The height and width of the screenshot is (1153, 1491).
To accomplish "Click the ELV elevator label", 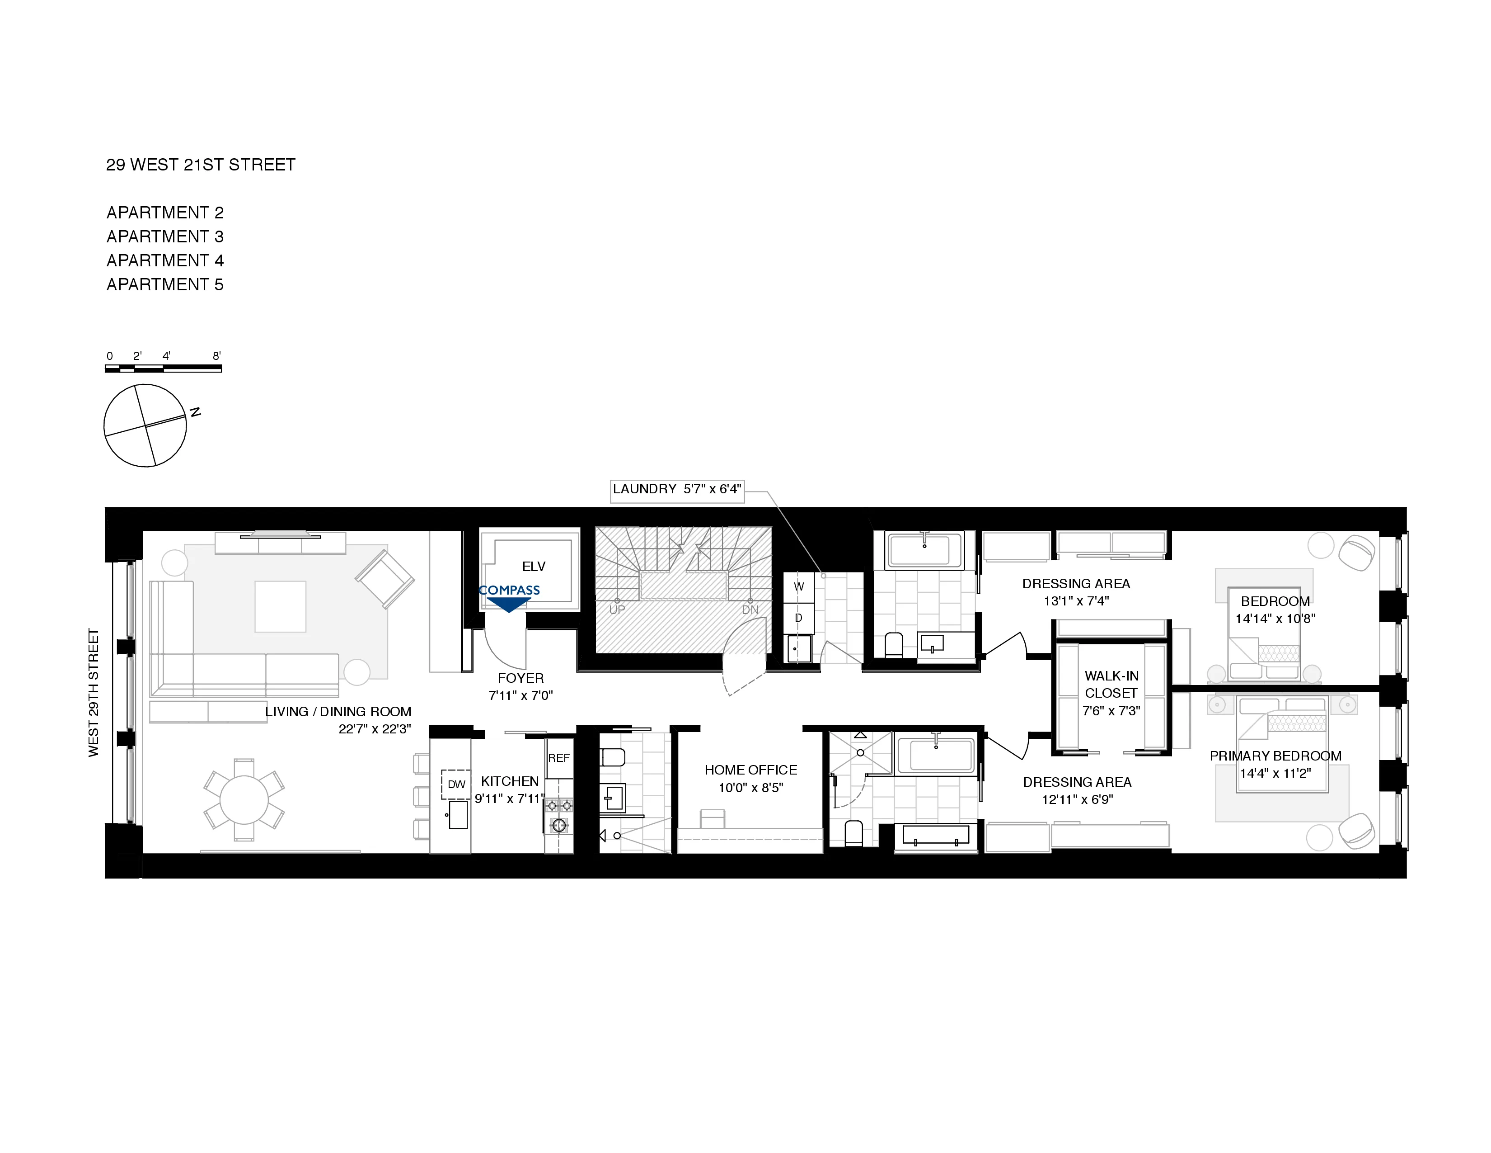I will [x=533, y=566].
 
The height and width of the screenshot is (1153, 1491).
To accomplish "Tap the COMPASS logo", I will [x=509, y=590].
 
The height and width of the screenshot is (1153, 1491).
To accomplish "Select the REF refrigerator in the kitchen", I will [x=558, y=758].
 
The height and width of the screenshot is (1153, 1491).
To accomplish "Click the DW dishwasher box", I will [x=456, y=784].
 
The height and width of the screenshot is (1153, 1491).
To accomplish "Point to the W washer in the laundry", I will [x=798, y=586].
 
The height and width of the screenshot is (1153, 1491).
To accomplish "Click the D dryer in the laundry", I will [x=798, y=618].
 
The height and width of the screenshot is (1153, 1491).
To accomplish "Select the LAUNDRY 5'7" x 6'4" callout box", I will [x=676, y=489].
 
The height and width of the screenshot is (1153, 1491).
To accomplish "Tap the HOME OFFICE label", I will [x=750, y=770].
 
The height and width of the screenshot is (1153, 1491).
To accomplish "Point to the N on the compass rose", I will [x=195, y=412].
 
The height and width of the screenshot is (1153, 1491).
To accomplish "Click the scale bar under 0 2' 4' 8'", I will [x=163, y=369].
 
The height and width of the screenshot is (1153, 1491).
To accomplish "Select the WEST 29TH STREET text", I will [x=94, y=692].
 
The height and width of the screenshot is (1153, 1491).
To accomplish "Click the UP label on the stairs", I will [x=616, y=610].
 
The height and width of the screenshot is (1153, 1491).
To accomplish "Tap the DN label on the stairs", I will [x=750, y=610].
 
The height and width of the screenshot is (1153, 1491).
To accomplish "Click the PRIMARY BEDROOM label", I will [x=1275, y=756].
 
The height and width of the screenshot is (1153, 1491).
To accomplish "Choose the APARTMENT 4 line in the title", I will [x=164, y=260].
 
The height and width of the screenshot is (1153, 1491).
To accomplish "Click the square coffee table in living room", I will [x=280, y=606].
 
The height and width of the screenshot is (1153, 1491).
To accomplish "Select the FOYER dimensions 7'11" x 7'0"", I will [x=520, y=695].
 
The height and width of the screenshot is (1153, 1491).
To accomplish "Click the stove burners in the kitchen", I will [x=558, y=816].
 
